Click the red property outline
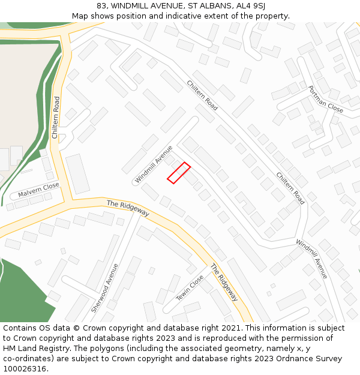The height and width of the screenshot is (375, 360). coord(179,173)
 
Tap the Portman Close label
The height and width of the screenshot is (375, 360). coord(325,99)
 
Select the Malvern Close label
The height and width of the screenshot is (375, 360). coord(38,190)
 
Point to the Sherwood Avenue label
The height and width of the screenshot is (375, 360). coord(104,287)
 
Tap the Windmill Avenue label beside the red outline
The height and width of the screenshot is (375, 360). coord(154,164)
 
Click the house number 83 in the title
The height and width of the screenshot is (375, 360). coord(101,6)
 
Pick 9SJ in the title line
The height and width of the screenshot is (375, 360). coord(258,6)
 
